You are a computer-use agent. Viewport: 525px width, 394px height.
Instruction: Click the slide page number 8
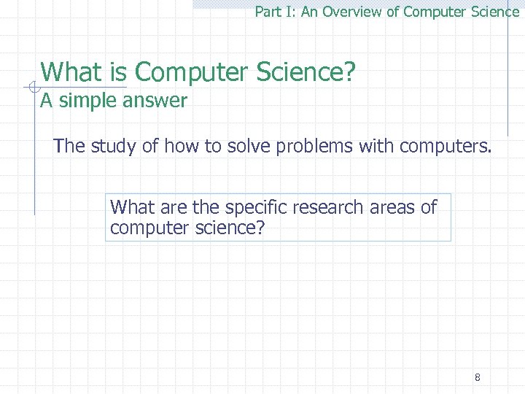click(x=477, y=377)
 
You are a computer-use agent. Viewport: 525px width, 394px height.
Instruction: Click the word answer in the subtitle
click(x=155, y=101)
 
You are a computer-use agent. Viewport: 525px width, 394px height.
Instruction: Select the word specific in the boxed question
click(x=255, y=207)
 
